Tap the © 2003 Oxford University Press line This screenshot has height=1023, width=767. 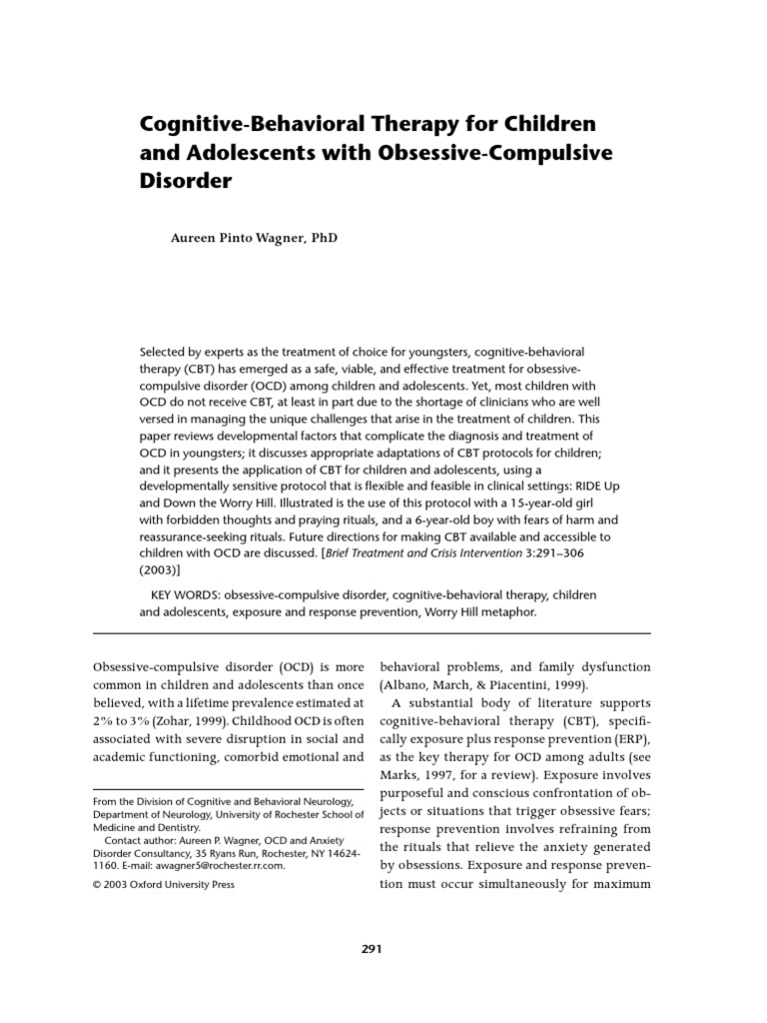[164, 885]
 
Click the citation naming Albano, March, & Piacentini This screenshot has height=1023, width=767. [489, 687]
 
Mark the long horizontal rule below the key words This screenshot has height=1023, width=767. [371, 633]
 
